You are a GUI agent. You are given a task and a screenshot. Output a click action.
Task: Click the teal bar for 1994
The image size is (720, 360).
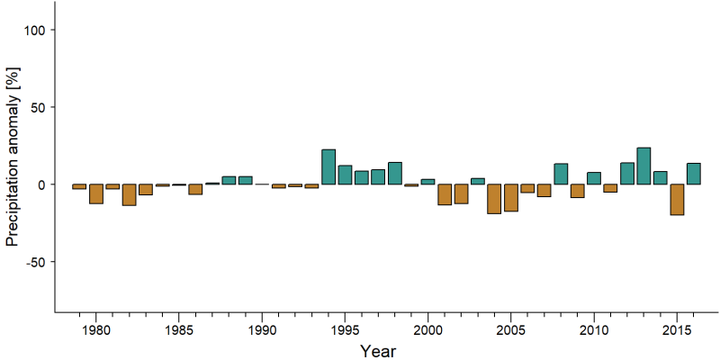pos(328,166)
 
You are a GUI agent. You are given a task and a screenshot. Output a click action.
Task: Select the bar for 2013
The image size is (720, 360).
pos(643,166)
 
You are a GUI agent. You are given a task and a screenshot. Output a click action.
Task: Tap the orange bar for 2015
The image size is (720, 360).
pos(677,199)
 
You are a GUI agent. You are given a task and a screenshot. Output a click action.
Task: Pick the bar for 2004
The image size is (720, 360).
pos(494,199)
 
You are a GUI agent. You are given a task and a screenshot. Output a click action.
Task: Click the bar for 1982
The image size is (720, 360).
pos(129,194)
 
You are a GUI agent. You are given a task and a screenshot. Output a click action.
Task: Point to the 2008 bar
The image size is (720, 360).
pos(561,174)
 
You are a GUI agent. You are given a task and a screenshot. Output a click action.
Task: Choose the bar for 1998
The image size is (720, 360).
pos(395,173)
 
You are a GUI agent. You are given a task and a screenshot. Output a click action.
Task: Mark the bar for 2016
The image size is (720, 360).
pos(693,174)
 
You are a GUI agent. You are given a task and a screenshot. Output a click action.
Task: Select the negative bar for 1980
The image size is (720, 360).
pos(96,193)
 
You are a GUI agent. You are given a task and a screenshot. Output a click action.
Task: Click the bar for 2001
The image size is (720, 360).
pos(445,194)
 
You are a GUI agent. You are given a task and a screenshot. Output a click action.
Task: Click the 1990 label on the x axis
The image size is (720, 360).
pos(262,331)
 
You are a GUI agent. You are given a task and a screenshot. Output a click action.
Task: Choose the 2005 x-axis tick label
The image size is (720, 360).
pos(510,331)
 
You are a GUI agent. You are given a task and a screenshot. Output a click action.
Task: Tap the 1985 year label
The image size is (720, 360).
pos(179,331)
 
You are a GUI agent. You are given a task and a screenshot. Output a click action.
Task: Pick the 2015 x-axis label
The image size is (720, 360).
pos(677,331)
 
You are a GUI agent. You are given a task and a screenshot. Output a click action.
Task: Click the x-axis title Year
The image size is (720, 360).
pos(377,351)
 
